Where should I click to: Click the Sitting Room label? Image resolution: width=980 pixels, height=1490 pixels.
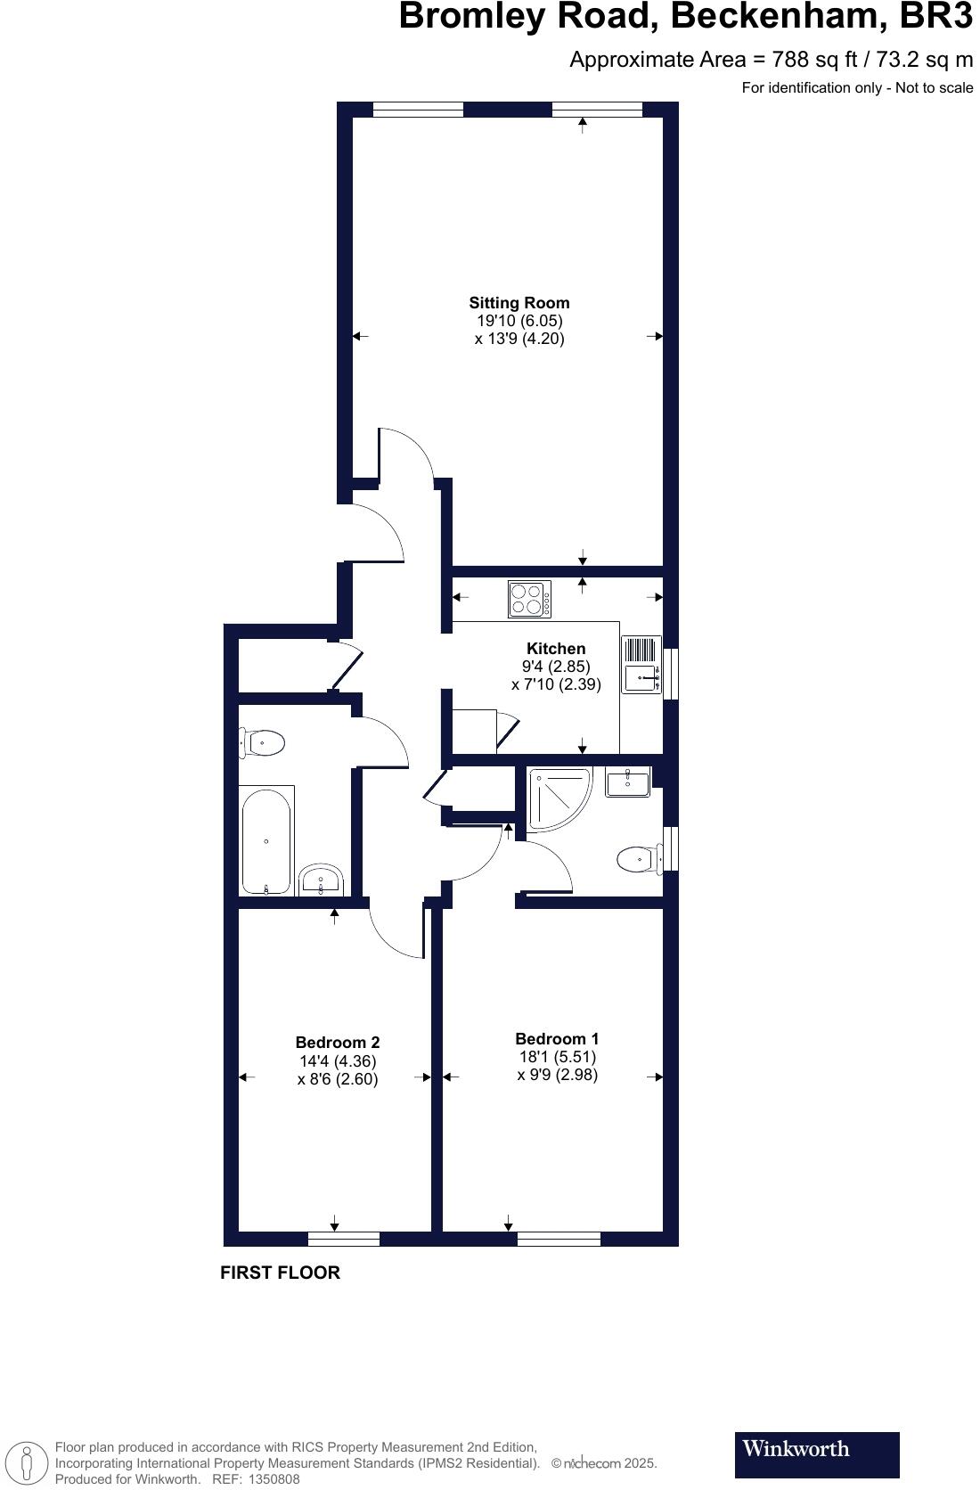tap(519, 303)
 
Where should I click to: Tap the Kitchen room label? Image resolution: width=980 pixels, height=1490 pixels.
tap(556, 649)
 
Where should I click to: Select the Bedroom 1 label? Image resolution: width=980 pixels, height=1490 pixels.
tap(557, 1039)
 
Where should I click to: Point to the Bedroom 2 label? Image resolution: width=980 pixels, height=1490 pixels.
tap(338, 1043)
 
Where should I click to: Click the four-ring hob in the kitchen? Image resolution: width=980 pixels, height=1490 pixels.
tap(529, 599)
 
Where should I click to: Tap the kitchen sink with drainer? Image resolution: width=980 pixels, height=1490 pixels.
tap(641, 665)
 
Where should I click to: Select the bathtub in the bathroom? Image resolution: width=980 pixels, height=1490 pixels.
tap(265, 840)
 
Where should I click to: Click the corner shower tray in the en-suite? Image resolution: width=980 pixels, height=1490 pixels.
tap(557, 796)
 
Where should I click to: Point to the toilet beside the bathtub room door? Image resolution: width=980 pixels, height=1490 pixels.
tap(262, 742)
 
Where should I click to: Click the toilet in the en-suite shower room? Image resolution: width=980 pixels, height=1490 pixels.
tap(638, 859)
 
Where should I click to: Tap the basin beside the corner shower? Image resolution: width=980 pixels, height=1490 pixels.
tap(627, 782)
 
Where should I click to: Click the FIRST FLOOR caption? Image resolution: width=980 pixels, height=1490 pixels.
tap(280, 1273)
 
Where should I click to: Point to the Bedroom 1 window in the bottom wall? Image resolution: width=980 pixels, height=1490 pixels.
tap(559, 1239)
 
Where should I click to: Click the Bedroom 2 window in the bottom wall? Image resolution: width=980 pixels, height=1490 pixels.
tap(344, 1239)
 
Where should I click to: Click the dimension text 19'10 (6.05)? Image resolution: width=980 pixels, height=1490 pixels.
tap(519, 321)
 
